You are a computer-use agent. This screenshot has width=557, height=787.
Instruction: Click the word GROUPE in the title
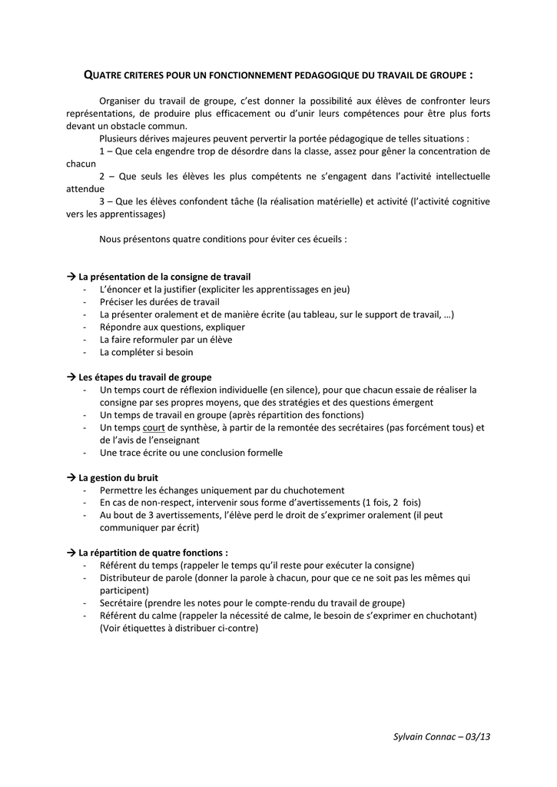click(x=445, y=75)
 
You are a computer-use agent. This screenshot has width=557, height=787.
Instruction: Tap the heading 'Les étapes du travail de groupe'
click(x=144, y=377)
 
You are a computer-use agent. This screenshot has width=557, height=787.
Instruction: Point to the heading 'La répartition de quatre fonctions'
click(x=153, y=553)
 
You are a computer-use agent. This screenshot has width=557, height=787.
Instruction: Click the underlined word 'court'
click(x=154, y=428)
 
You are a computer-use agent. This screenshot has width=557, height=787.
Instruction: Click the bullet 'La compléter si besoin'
click(x=146, y=352)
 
